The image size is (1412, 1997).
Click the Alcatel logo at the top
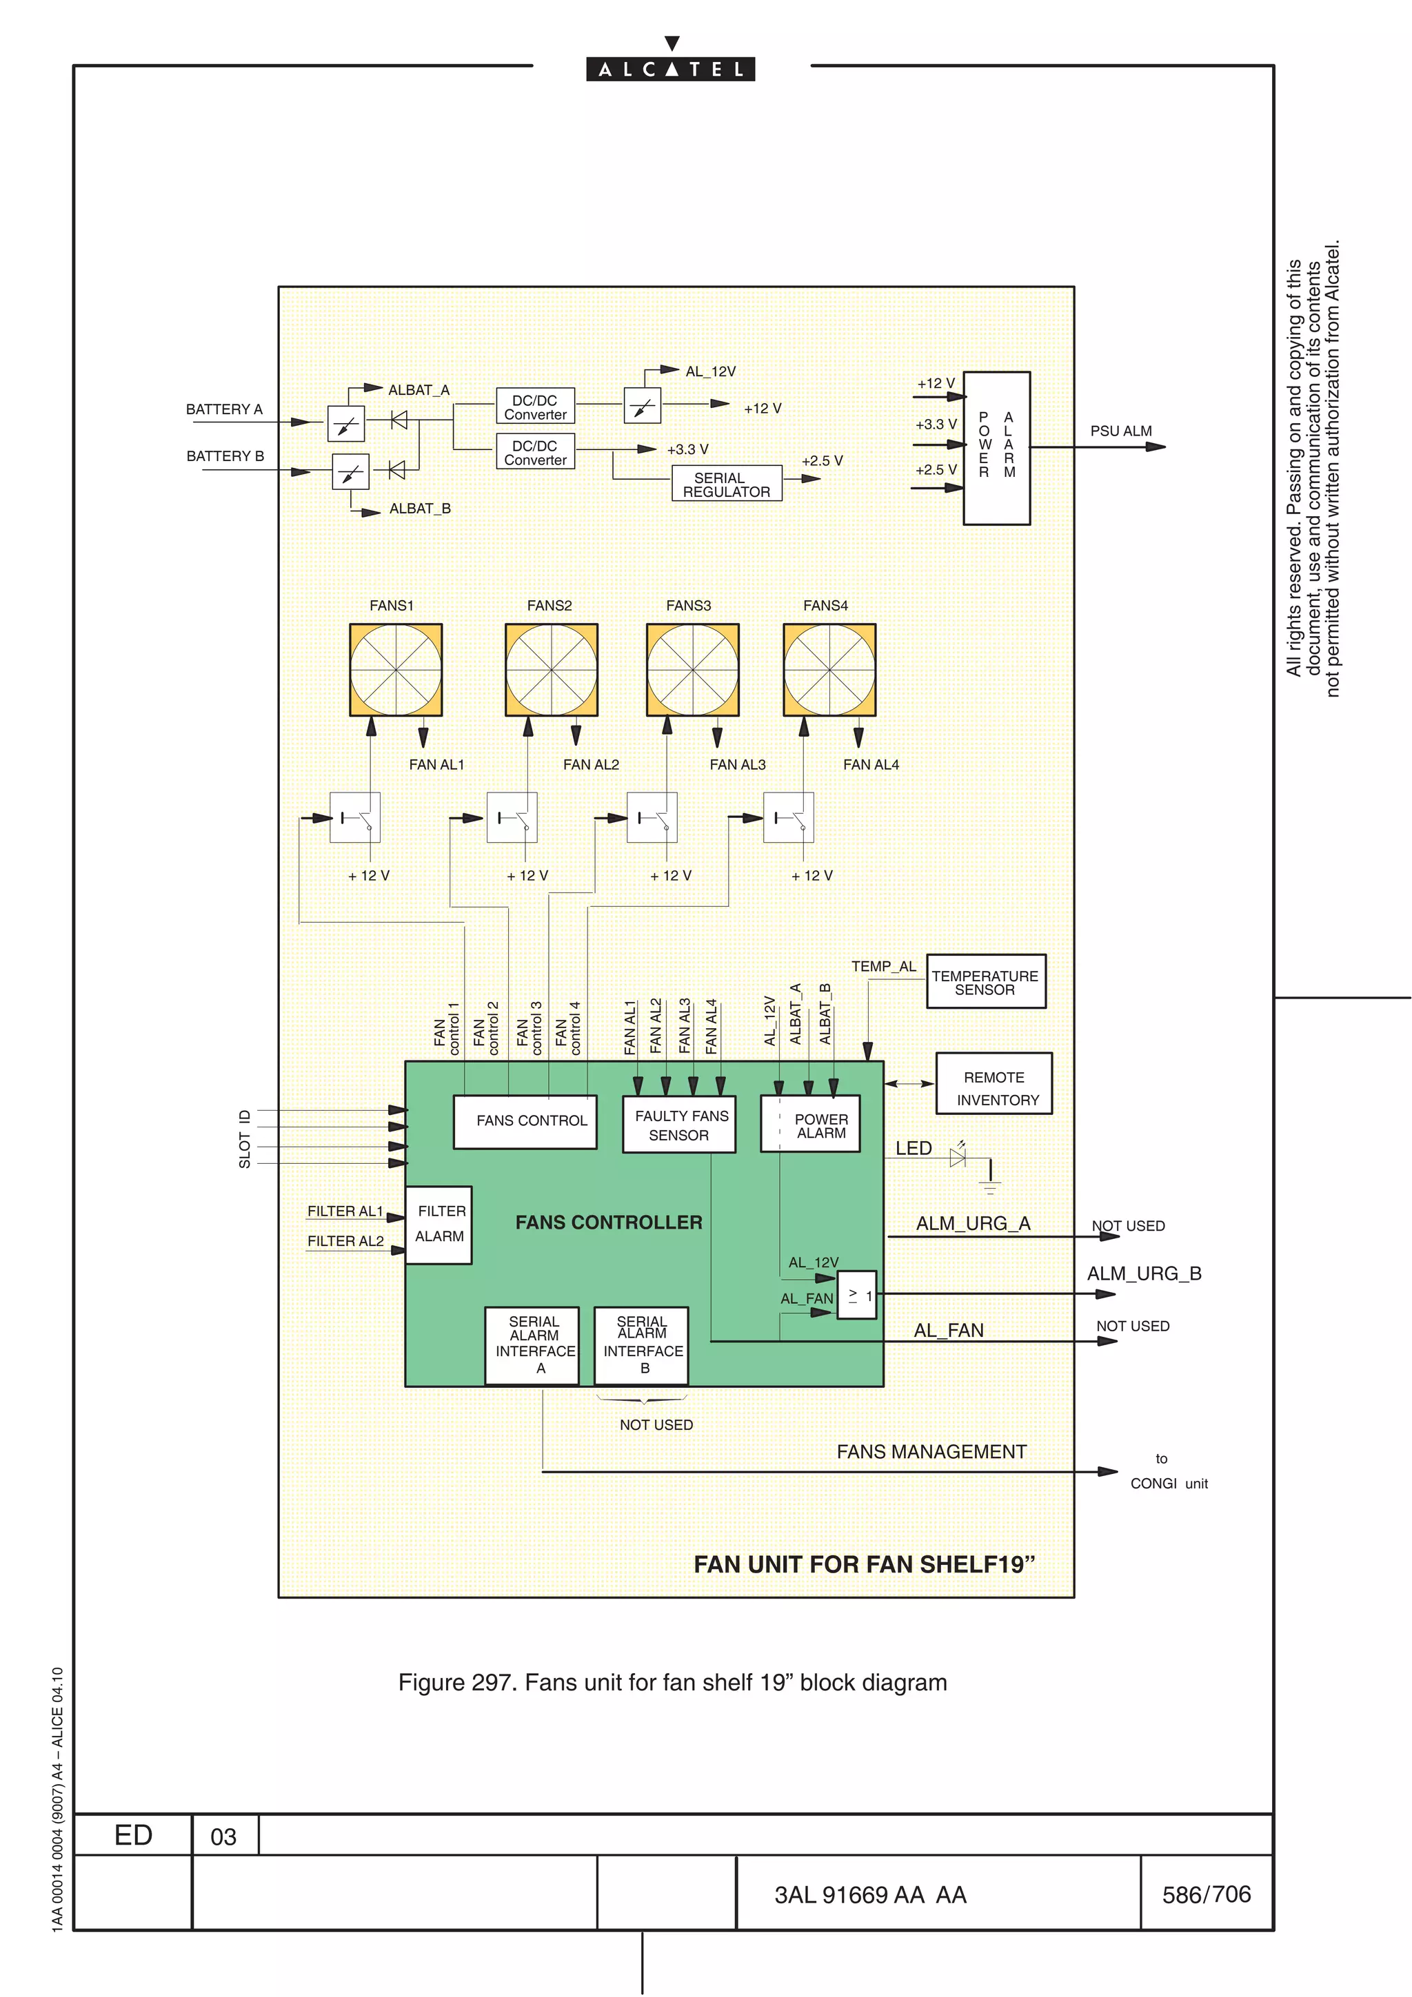pyautogui.click(x=670, y=69)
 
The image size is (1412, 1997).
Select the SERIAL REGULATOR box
pyautogui.click(x=727, y=484)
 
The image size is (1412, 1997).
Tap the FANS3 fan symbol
pyautogui.click(x=692, y=670)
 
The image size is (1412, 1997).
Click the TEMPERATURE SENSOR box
pyautogui.click(x=986, y=982)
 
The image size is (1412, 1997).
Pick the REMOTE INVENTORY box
pyautogui.click(x=994, y=1085)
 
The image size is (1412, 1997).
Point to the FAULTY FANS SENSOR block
pyautogui.click(x=680, y=1125)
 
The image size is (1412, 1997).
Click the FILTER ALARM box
pyautogui.click(x=439, y=1225)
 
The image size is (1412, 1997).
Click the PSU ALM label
pyautogui.click(x=1120, y=431)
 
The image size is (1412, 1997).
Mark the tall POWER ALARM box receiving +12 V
pyautogui.click(x=997, y=448)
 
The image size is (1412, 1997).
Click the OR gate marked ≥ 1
pyautogui.click(x=857, y=1295)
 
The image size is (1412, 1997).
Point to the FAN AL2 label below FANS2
pyautogui.click(x=591, y=764)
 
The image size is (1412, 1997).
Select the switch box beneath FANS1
pyautogui.click(x=355, y=817)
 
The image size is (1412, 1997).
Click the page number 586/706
pyautogui.click(x=1206, y=1894)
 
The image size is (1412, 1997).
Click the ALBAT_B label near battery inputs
pyautogui.click(x=419, y=509)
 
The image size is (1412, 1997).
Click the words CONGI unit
pyautogui.click(x=1169, y=1484)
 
